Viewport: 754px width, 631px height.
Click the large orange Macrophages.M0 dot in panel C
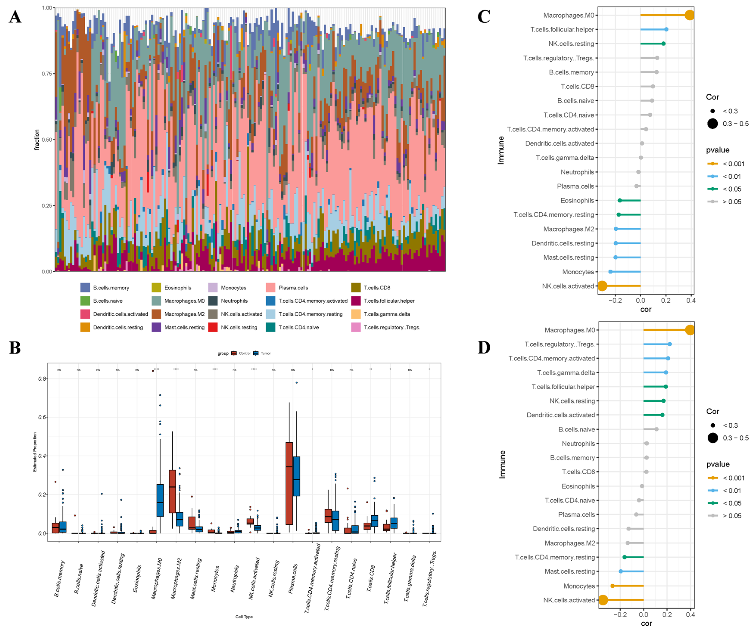[689, 15]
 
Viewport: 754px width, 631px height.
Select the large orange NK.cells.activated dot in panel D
[603, 600]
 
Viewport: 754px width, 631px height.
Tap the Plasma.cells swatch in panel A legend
[270, 287]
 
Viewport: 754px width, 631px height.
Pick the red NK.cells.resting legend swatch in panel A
[213, 327]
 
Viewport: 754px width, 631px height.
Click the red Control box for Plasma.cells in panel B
[289, 483]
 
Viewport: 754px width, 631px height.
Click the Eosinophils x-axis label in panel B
[137, 579]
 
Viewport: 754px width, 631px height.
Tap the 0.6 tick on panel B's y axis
[42, 417]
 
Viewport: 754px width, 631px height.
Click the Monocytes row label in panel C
[578, 272]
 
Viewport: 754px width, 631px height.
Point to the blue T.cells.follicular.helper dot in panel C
[666, 30]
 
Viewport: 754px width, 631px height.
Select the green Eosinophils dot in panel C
[620, 200]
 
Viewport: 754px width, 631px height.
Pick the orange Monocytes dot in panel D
[613, 586]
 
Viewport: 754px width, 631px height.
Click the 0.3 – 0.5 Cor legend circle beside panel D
[713, 438]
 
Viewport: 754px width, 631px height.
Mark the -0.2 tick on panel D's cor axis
[620, 615]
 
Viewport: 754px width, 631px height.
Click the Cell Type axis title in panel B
[244, 617]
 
